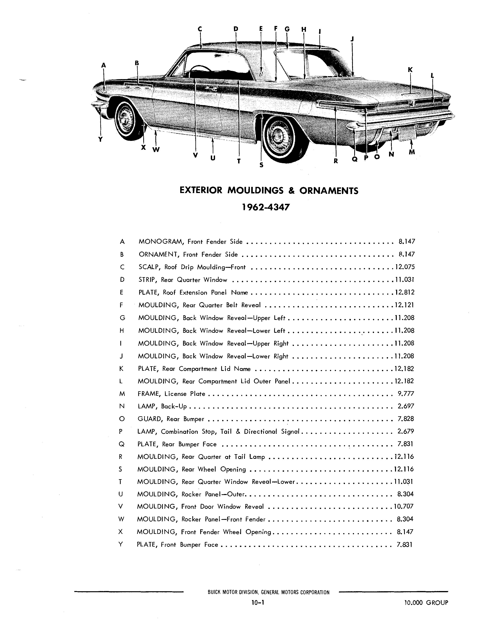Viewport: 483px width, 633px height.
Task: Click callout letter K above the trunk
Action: pyautogui.click(x=410, y=69)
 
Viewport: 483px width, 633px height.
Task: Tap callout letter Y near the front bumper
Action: pyautogui.click(x=100, y=139)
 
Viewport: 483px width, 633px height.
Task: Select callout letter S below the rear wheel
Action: pyautogui.click(x=261, y=165)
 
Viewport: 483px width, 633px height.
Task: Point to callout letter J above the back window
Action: pyautogui.click(x=352, y=39)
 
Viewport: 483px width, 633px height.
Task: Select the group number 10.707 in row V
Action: pyautogui.click(x=404, y=507)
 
